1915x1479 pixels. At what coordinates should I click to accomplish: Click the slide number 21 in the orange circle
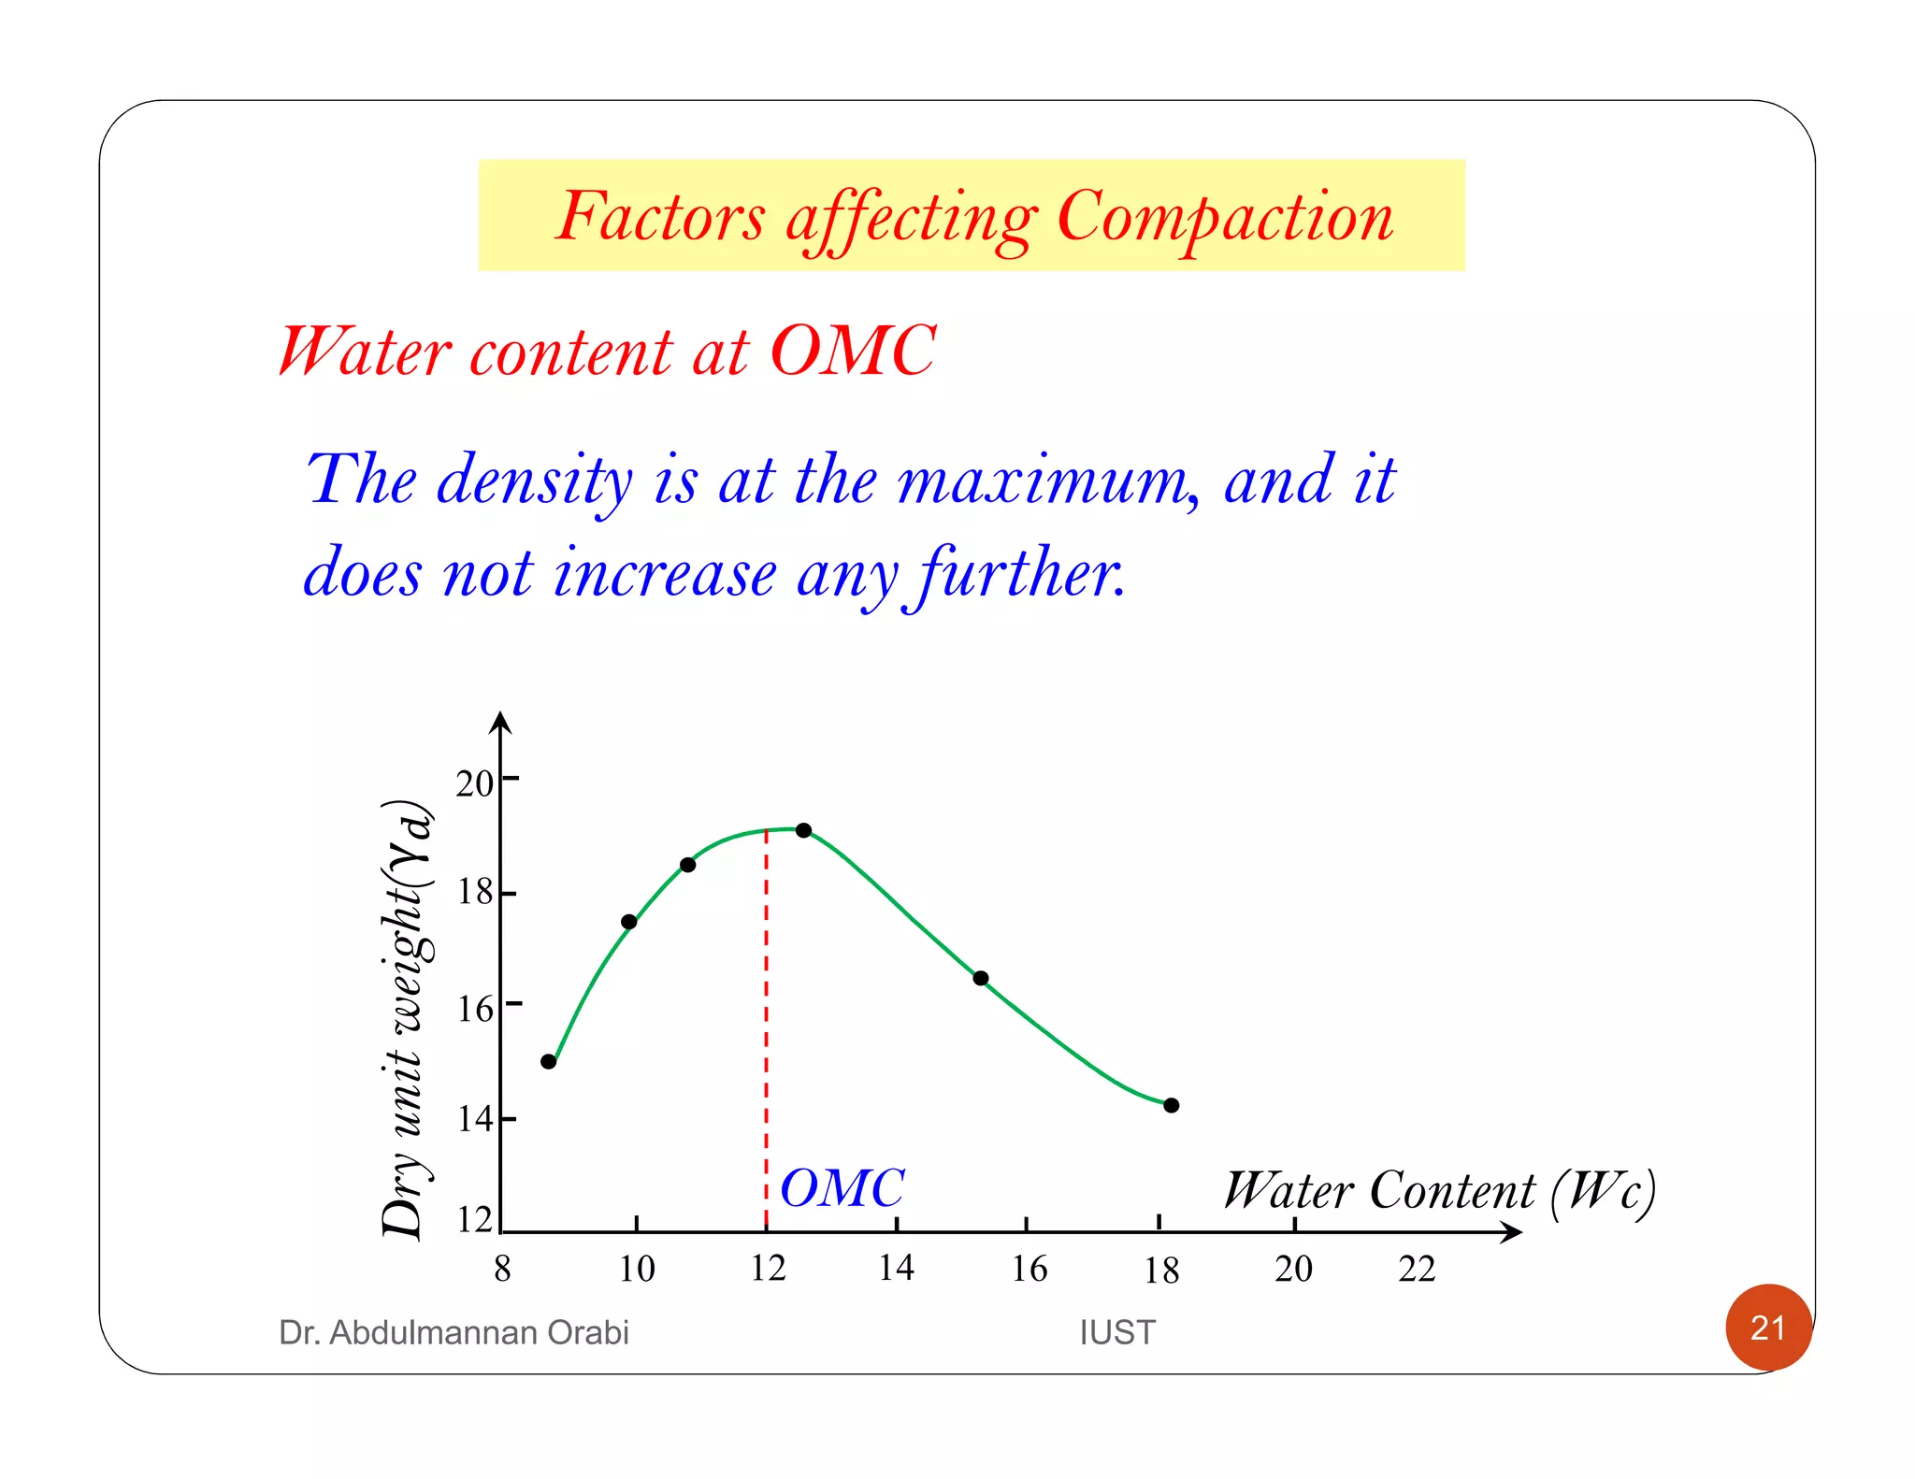(x=1767, y=1328)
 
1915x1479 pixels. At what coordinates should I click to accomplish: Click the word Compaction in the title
(x=1224, y=217)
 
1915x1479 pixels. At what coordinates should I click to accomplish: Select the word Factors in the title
(x=660, y=217)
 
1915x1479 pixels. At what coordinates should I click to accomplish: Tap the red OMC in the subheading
(x=852, y=352)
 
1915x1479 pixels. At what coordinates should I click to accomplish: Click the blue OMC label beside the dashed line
(x=842, y=1188)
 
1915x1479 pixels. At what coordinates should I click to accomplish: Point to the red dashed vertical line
(x=767, y=1028)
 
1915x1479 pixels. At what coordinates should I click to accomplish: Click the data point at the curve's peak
(x=803, y=830)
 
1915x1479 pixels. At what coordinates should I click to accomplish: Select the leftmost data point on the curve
(x=549, y=1062)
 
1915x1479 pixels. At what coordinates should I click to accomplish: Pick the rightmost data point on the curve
(x=1172, y=1105)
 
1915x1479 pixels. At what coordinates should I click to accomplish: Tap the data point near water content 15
(x=981, y=979)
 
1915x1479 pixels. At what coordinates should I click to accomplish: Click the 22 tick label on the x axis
(x=1417, y=1269)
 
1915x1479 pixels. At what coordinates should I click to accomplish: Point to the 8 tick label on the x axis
(x=502, y=1269)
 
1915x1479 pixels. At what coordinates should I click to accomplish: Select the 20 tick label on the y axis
(x=474, y=783)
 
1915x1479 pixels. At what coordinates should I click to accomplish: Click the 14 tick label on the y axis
(x=474, y=1118)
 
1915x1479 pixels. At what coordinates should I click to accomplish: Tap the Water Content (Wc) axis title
(x=1439, y=1191)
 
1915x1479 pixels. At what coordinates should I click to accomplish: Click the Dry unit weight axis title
(x=408, y=1019)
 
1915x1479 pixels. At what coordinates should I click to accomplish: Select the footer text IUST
(x=1117, y=1332)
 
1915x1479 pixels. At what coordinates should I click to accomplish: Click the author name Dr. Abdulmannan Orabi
(x=454, y=1332)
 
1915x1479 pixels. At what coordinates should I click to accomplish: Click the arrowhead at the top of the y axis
(x=501, y=722)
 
